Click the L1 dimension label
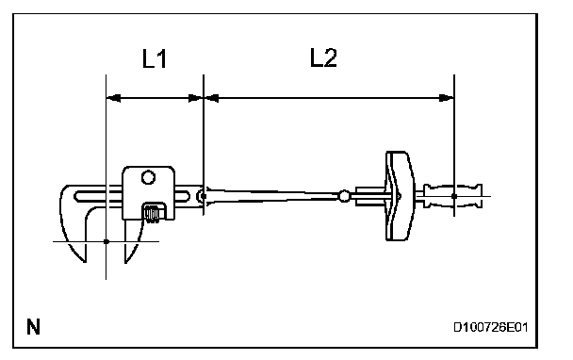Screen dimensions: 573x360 coord(155,58)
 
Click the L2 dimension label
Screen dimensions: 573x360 coord(323,57)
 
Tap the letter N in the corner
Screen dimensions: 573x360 coord(33,327)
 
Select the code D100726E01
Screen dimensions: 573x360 coord(490,327)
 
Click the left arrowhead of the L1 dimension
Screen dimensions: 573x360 coord(113,98)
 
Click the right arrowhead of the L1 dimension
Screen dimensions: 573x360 coord(195,98)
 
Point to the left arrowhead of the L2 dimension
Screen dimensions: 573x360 coord(211,98)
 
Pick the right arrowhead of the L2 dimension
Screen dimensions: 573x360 coord(446,98)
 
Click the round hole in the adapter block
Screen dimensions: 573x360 coord(148,177)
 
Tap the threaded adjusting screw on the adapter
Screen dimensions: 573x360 coord(152,214)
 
